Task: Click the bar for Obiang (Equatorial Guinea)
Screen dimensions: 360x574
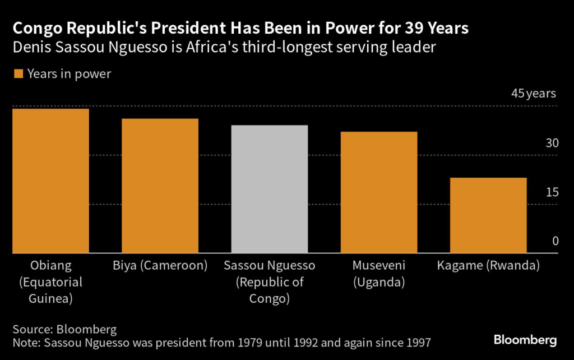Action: pyautogui.click(x=50, y=181)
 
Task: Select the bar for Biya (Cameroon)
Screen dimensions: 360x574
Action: pyautogui.click(x=160, y=186)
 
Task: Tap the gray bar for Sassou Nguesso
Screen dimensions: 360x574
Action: pyautogui.click(x=270, y=189)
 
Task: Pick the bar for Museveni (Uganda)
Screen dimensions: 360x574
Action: pyautogui.click(x=379, y=192)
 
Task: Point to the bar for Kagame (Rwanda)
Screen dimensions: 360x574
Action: pyautogui.click(x=488, y=215)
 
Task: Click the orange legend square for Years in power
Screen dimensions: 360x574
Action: pyautogui.click(x=18, y=74)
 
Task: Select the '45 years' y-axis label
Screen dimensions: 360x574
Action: pyautogui.click(x=533, y=94)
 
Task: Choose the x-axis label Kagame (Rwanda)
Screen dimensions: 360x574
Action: pyautogui.click(x=488, y=265)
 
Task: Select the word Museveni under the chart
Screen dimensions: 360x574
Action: pyautogui.click(x=379, y=265)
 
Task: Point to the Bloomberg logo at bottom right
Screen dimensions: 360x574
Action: pyautogui.click(x=525, y=340)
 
